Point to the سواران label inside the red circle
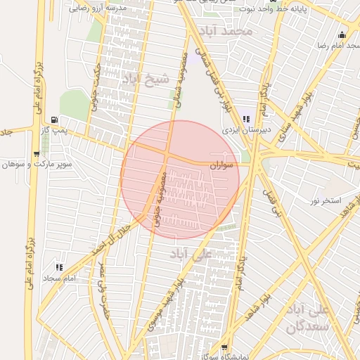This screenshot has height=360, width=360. [x=219, y=165]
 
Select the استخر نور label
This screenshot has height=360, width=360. [x=324, y=202]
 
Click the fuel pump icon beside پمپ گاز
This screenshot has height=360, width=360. [x=56, y=120]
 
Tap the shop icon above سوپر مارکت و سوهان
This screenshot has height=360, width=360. [x=37, y=153]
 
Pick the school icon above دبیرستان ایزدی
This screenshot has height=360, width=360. [x=246, y=119]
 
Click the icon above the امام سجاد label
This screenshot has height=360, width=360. [x=59, y=267]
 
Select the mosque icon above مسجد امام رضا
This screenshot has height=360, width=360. [x=342, y=35]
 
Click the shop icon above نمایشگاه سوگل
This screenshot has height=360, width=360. [x=224, y=347]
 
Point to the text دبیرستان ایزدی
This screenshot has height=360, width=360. [x=241, y=130]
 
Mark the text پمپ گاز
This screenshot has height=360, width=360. [x=71, y=131]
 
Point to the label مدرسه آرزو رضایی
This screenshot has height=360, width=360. [x=98, y=8]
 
